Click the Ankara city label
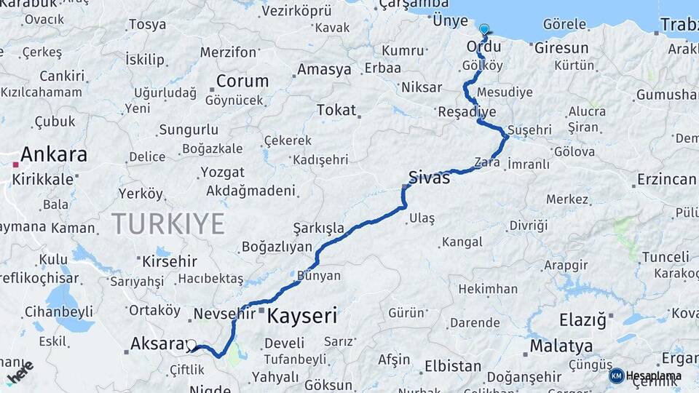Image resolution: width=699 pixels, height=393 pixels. (x=54, y=154)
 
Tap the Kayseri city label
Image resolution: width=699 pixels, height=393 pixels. (x=302, y=316)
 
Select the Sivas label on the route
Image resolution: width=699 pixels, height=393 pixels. (x=430, y=177)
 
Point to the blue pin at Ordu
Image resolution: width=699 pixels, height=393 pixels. (x=484, y=30)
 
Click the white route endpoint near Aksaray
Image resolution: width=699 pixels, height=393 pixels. (x=191, y=345)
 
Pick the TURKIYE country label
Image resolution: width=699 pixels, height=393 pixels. (x=167, y=223)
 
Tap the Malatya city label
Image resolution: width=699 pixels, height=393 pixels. (x=561, y=346)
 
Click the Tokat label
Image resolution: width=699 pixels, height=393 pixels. (x=336, y=110)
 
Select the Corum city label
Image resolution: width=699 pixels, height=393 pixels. (x=242, y=82)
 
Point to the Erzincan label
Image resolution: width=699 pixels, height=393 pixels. (x=666, y=179)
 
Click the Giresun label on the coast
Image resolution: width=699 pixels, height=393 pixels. (x=561, y=48)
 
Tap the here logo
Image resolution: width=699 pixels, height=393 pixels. (x=20, y=373)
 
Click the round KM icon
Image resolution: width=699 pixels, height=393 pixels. (x=617, y=376)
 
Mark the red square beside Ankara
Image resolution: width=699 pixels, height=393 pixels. (x=15, y=164)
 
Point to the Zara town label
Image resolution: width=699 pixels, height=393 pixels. (x=487, y=162)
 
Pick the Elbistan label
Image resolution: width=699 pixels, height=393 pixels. (x=452, y=366)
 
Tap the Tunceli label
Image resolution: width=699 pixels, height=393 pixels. (x=665, y=257)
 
